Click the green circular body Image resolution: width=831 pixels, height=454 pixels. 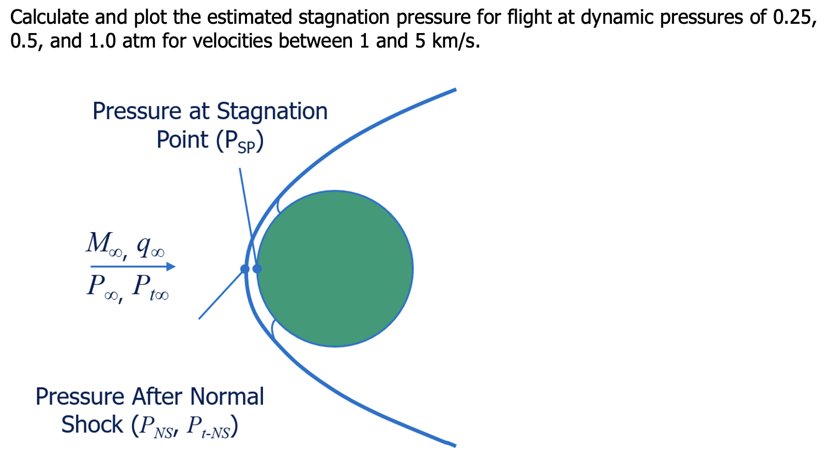pyautogui.click(x=335, y=268)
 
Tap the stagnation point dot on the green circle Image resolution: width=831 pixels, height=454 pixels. pyautogui.click(x=257, y=269)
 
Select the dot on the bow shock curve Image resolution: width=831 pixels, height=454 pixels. pyautogui.click(x=245, y=269)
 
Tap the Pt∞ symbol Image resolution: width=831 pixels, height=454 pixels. pyautogui.click(x=150, y=287)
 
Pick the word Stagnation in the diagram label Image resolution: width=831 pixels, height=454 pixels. pyautogui.click(x=272, y=111)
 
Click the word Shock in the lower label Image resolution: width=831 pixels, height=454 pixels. pyautogui.click(x=92, y=425)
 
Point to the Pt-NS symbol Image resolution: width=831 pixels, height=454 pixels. pyautogui.click(x=209, y=427)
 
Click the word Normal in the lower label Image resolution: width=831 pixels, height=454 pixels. pyautogui.click(x=227, y=397)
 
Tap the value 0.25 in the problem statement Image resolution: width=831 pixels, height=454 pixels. pyautogui.click(x=795, y=17)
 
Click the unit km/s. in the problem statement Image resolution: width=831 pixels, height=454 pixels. pyautogui.click(x=456, y=41)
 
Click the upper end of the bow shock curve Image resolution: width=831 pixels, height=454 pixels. pyautogui.click(x=454, y=90)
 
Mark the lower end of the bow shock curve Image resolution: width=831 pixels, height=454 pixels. pyautogui.click(x=454, y=445)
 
